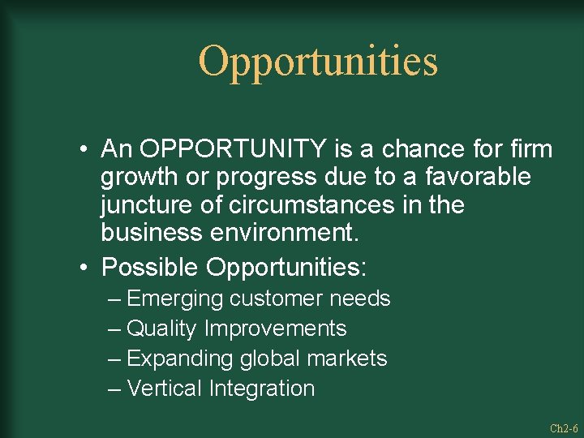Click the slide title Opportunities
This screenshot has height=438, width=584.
click(x=318, y=62)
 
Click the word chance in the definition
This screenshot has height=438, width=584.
click(x=389, y=149)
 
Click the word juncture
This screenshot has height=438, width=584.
click(x=143, y=205)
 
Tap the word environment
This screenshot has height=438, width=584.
click(x=283, y=233)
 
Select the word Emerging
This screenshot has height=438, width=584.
click(x=175, y=299)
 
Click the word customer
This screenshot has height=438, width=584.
click(x=276, y=299)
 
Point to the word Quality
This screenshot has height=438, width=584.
click(x=162, y=329)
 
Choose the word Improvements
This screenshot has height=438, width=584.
click(x=276, y=329)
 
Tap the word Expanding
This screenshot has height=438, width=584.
click(x=178, y=359)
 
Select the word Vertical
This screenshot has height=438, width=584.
click(x=164, y=389)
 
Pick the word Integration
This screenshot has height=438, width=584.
click(x=261, y=389)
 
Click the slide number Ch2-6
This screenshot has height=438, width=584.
click(x=563, y=428)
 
